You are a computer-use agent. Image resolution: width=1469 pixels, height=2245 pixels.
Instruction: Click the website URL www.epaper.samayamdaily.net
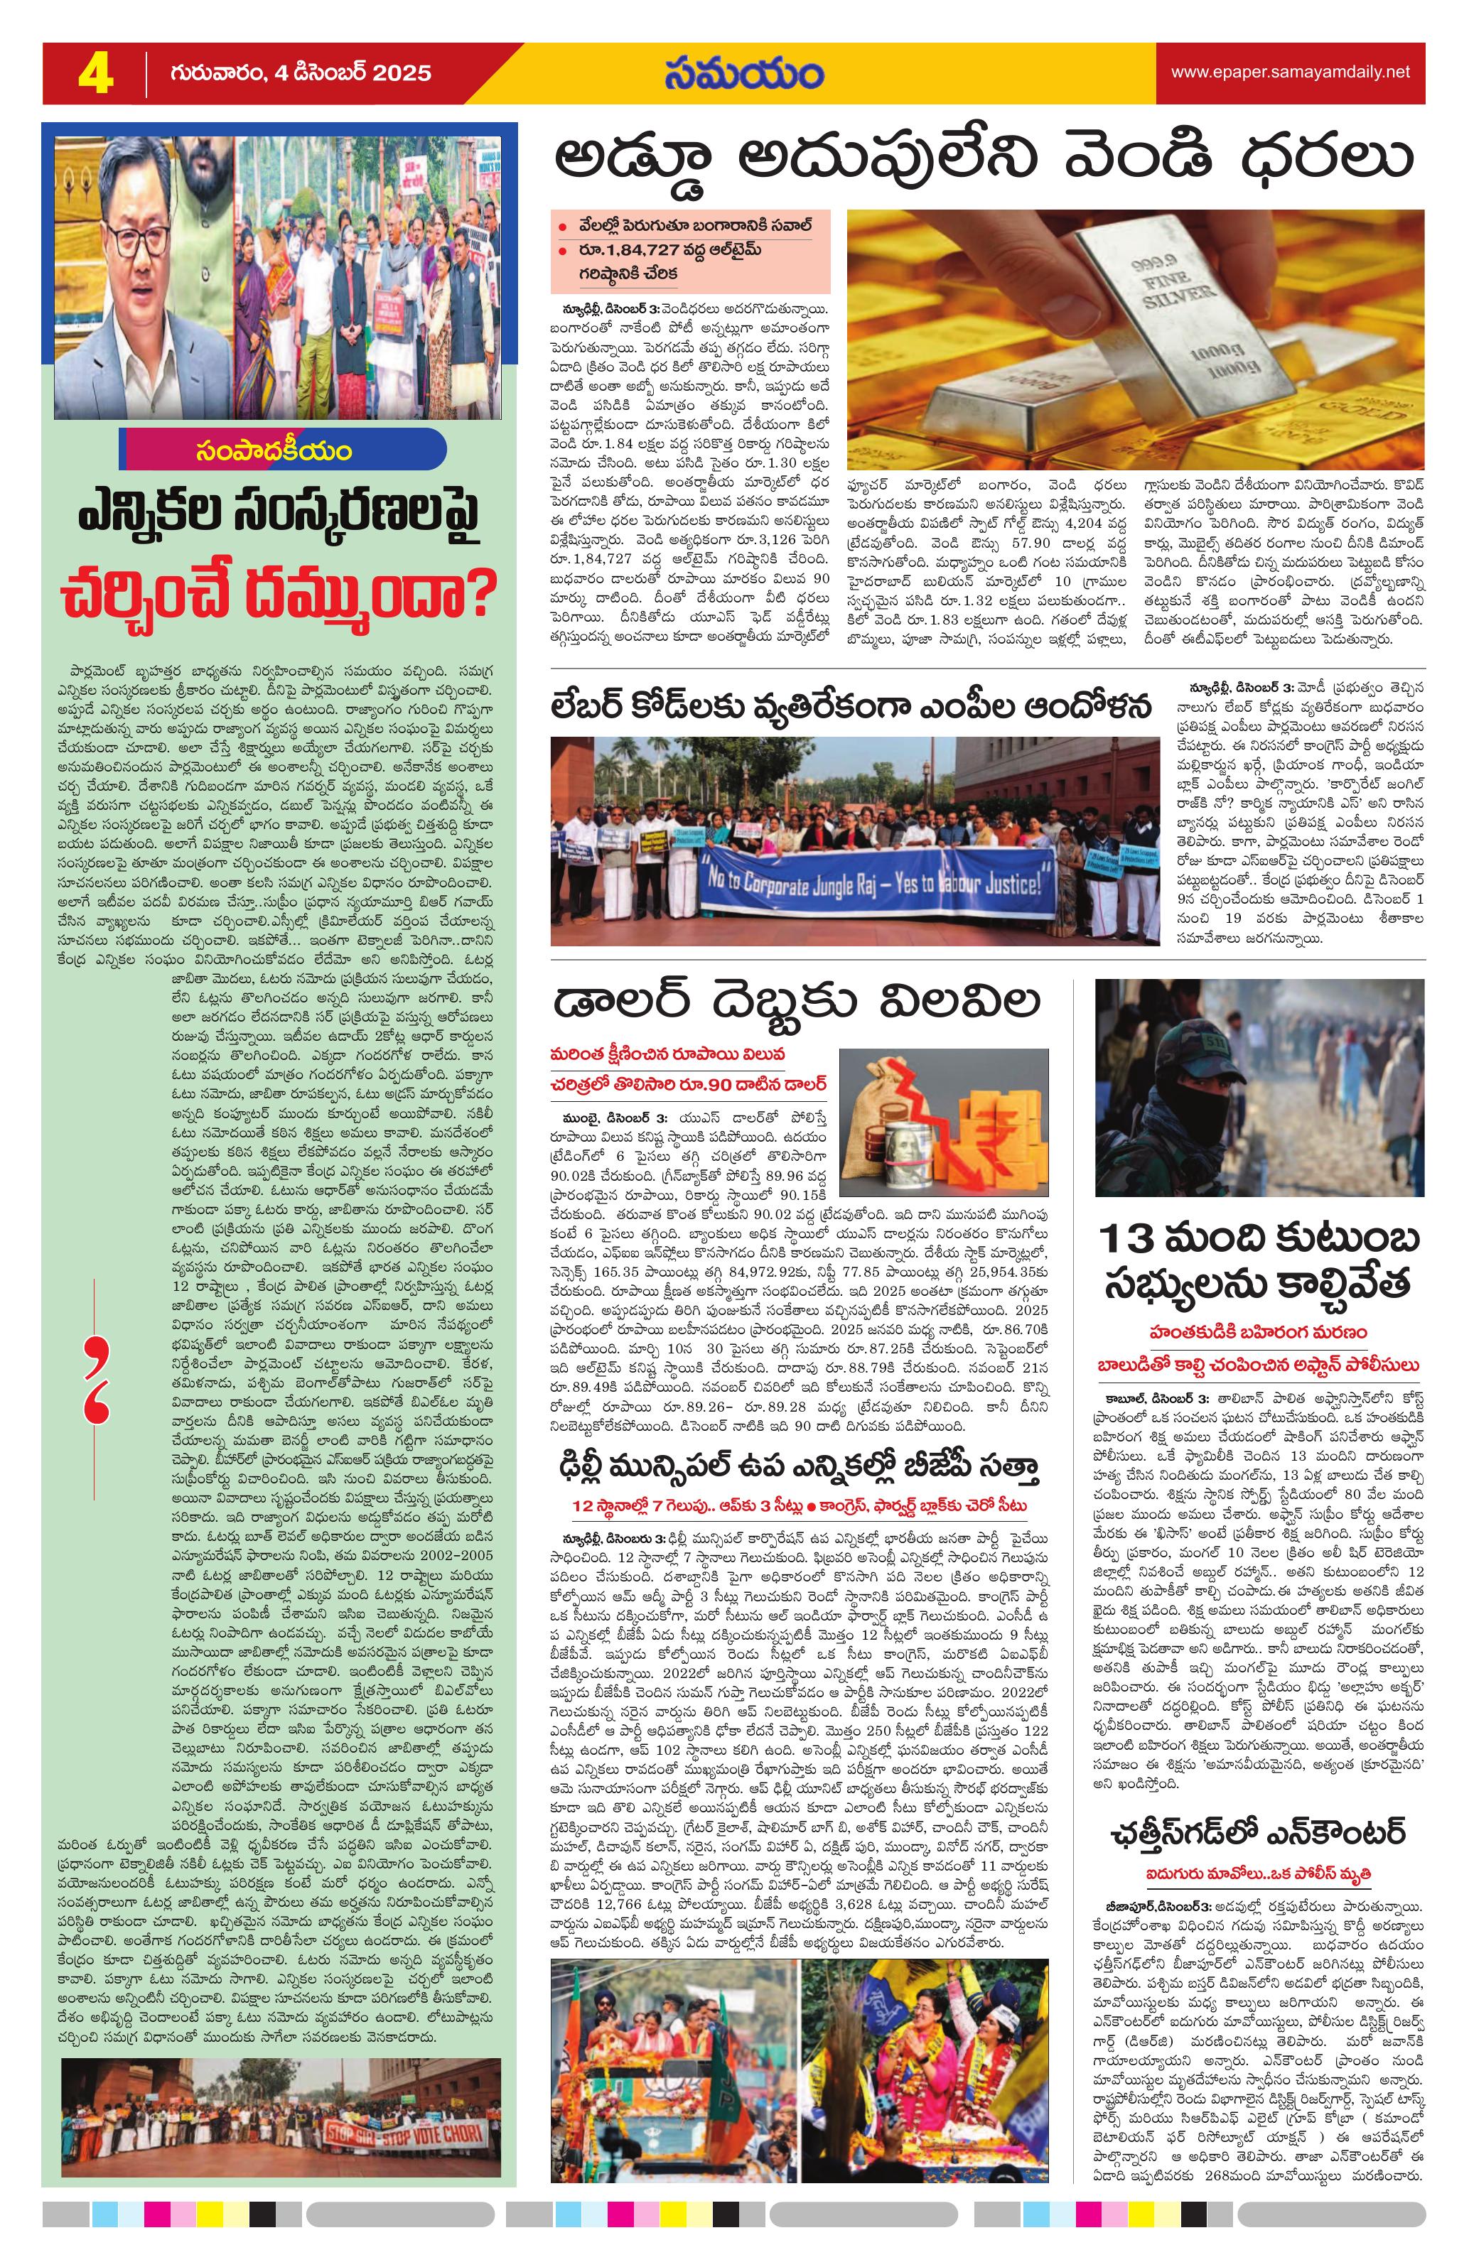(x=1290, y=72)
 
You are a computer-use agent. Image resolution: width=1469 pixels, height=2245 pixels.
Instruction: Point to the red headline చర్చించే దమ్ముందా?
(x=279, y=591)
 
